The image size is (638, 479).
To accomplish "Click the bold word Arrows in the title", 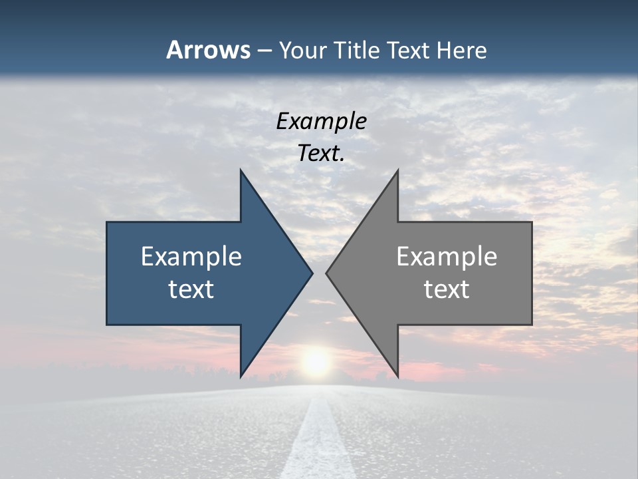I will pos(208,50).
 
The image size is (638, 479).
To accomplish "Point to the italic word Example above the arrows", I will pos(321,121).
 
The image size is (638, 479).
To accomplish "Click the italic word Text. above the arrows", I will pos(321,153).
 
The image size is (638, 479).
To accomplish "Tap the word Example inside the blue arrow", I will pos(191,257).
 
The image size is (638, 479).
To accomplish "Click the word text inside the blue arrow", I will pos(191,289).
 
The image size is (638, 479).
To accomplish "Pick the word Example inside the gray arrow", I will pos(447,257).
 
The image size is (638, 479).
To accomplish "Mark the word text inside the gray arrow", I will pos(447,289).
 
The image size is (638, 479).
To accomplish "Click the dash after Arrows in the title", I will pos(264,51).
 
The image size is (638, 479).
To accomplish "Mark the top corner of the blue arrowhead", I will pos(241,172).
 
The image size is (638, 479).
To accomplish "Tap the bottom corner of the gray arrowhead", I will pos(397,375).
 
